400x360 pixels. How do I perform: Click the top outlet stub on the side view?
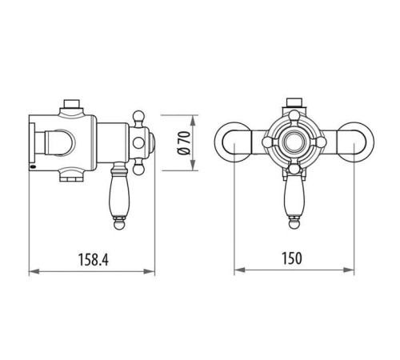coord(70,105)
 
